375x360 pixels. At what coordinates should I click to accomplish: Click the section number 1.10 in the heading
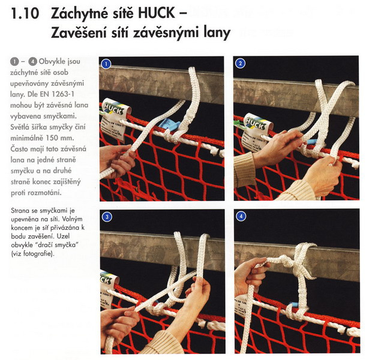click(25, 13)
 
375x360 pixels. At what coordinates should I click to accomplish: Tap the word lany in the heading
click(217, 33)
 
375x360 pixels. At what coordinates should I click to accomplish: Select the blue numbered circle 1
click(106, 64)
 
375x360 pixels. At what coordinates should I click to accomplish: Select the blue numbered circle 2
click(240, 64)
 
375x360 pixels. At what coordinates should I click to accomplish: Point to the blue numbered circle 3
click(107, 217)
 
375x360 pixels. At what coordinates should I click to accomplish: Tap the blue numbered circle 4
click(241, 217)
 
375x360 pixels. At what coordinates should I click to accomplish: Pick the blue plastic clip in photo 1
click(169, 125)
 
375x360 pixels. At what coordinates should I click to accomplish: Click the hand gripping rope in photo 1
click(117, 161)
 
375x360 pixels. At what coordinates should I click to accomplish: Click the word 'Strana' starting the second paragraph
click(21, 211)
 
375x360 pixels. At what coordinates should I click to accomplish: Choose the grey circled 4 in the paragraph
click(32, 62)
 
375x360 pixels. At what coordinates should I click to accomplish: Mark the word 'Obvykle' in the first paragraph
click(52, 61)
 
